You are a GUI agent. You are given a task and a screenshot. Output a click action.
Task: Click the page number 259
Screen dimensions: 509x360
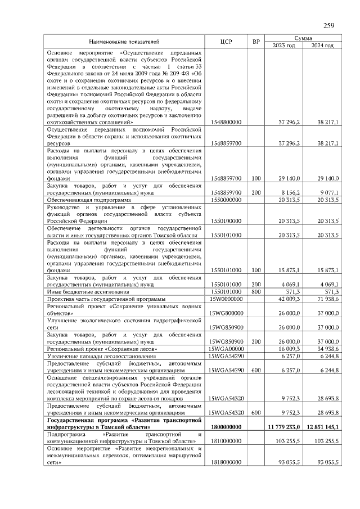click(328, 25)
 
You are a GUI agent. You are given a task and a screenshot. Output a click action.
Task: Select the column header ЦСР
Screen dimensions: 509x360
click(227, 42)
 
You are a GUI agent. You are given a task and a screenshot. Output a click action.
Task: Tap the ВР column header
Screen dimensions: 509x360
click(256, 42)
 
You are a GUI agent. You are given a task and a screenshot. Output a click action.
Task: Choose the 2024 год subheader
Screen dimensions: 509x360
click(322, 46)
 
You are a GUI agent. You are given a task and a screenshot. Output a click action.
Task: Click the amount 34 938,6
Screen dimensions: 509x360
click(327, 349)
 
